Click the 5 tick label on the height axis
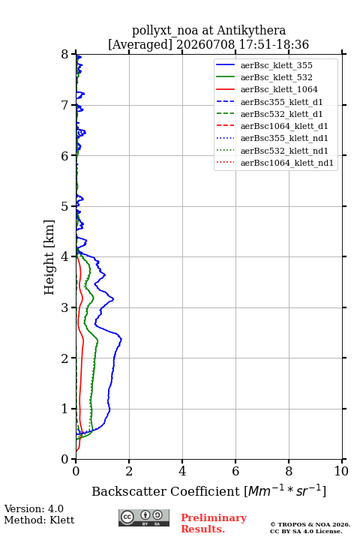pyautogui.click(x=65, y=206)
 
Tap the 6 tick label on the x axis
pyautogui.click(x=235, y=471)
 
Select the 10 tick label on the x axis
pyautogui.click(x=341, y=471)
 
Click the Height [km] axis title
pyautogui.click(x=49, y=257)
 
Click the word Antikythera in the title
pyautogui.click(x=251, y=30)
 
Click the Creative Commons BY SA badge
pyautogui.click(x=144, y=517)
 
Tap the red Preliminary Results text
pyautogui.click(x=214, y=523)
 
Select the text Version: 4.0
pyautogui.click(x=34, y=508)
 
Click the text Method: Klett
pyautogui.click(x=39, y=520)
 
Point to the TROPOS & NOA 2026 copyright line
pyautogui.click(x=310, y=524)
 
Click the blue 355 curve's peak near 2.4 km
pyautogui.click(x=121, y=340)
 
